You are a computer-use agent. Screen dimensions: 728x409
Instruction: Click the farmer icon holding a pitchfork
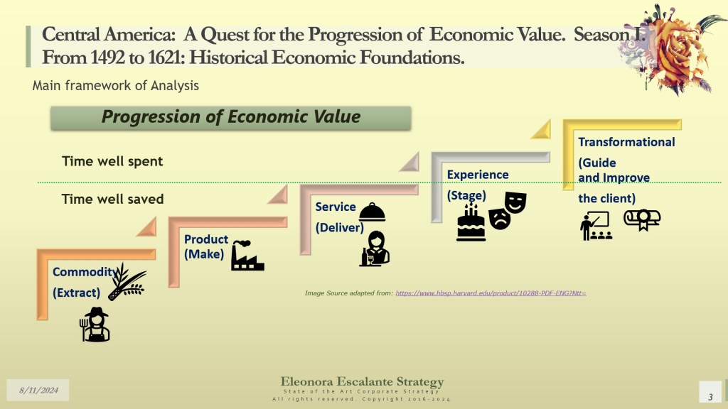tap(95, 325)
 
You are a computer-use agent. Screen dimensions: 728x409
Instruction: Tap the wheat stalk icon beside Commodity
tap(127, 282)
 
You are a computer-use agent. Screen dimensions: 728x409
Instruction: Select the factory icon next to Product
tap(247, 255)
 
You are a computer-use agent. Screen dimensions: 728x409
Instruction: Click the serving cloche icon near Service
tap(372, 212)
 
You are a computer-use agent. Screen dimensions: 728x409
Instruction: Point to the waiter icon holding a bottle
tap(375, 249)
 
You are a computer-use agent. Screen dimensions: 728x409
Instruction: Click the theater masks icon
tap(508, 210)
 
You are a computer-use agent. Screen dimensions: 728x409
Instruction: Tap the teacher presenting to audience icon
tap(596, 226)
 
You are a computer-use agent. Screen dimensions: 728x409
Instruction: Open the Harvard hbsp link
tap(491, 293)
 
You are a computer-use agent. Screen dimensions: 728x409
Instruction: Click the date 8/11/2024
tap(38, 391)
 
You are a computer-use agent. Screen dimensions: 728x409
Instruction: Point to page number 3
tap(710, 397)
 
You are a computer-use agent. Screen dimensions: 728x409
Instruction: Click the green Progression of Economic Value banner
tap(231, 118)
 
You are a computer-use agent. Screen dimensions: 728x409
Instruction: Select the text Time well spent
tap(112, 161)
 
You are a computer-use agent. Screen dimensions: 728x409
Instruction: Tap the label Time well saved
tap(112, 200)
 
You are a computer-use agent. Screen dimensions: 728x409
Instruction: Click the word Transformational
tap(626, 142)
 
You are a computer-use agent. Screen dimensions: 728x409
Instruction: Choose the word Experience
tap(478, 175)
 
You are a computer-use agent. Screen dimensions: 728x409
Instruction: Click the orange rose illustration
tap(673, 49)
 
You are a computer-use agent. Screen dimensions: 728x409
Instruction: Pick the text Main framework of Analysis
tap(116, 86)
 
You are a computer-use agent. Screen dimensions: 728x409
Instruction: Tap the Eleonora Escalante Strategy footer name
tap(362, 381)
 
